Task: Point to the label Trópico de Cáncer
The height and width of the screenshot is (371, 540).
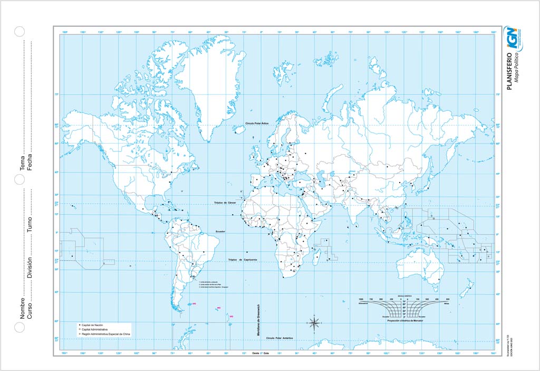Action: pos(228,203)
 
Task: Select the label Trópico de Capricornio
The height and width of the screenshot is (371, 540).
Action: pos(242,260)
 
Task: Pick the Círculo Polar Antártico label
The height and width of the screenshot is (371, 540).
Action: pos(280,337)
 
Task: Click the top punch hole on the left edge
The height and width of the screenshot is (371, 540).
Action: pos(20,31)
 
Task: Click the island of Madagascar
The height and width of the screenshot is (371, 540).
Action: pos(317,258)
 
